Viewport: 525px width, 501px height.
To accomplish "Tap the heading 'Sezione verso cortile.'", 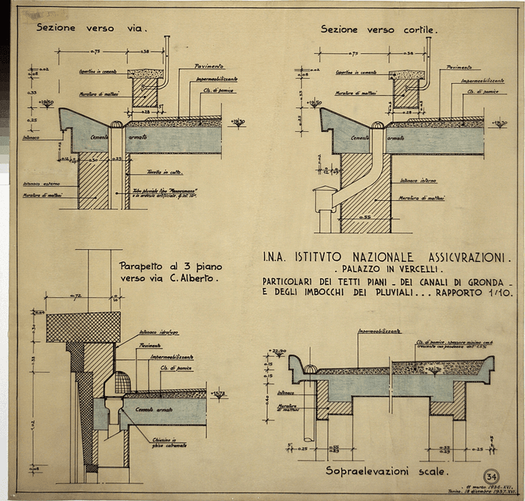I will tap(379, 30).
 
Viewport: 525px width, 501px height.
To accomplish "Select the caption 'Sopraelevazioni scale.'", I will tap(386, 471).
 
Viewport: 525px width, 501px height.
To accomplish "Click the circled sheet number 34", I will tap(492, 476).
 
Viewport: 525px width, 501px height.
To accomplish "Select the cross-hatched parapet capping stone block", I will tap(83, 327).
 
